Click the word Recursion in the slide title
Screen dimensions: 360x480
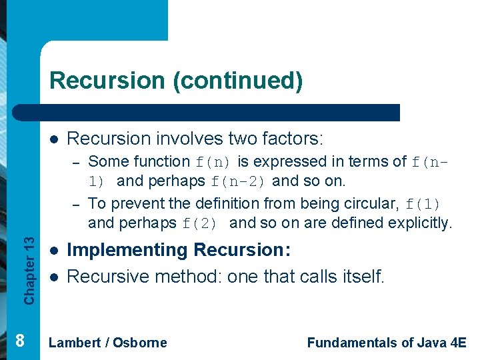coord(108,81)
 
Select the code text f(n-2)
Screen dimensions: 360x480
coord(240,181)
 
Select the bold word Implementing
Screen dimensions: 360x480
coord(128,251)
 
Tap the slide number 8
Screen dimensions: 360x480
coord(20,341)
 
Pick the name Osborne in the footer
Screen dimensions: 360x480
coord(140,343)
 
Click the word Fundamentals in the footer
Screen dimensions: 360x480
coord(352,343)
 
